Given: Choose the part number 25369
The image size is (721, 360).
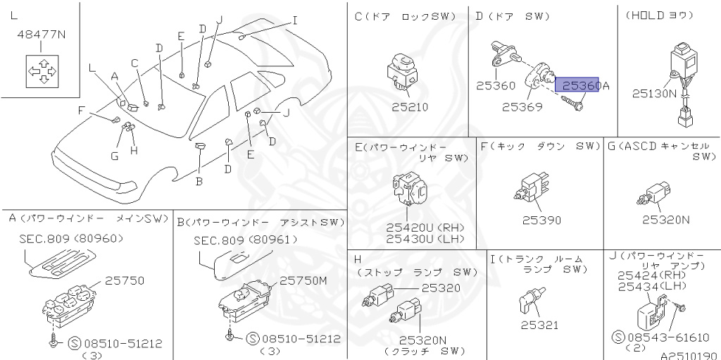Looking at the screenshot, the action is pyautogui.click(x=522, y=108).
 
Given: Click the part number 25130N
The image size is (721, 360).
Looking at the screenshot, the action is pyautogui.click(x=653, y=92).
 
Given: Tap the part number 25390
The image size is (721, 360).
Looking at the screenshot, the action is pyautogui.click(x=541, y=220).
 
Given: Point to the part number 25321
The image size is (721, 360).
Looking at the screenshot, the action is pyautogui.click(x=539, y=325).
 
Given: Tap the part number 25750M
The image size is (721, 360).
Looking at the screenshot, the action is pyautogui.click(x=304, y=280).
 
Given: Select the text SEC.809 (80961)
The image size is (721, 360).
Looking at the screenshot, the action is pyautogui.click(x=244, y=240).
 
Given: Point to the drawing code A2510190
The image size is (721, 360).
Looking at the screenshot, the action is pyautogui.click(x=688, y=355).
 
